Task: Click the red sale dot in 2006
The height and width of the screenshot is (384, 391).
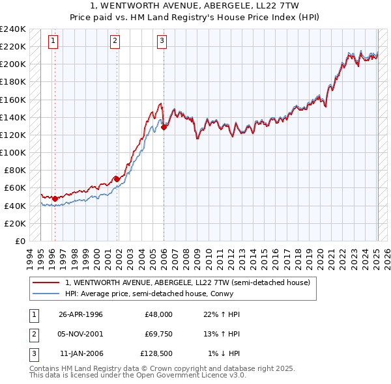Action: click(x=164, y=128)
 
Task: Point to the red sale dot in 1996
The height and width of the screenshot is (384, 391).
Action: click(x=55, y=199)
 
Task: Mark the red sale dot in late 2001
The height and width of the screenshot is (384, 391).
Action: click(x=117, y=179)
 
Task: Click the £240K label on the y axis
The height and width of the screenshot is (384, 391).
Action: click(x=13, y=29)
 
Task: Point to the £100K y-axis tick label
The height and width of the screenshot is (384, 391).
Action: click(x=13, y=152)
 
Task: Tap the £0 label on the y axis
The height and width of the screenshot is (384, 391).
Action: click(x=20, y=241)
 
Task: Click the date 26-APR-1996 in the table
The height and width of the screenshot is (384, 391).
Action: click(x=81, y=314)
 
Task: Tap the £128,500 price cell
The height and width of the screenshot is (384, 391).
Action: click(x=156, y=353)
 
